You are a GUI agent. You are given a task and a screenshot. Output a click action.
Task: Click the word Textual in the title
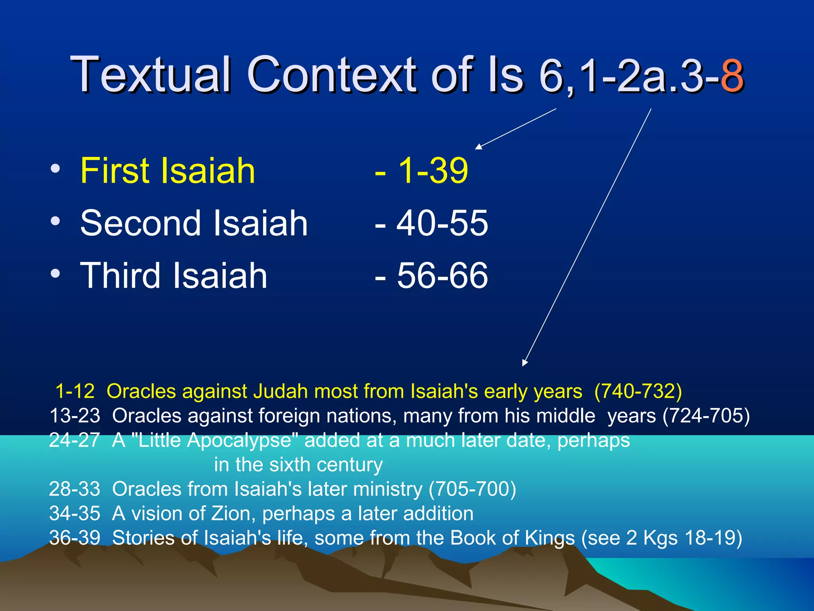[151, 75]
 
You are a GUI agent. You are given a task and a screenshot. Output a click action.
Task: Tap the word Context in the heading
[332, 75]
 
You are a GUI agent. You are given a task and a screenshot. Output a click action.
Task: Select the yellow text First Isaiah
[167, 171]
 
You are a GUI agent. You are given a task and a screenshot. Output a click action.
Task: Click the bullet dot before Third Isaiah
[55, 273]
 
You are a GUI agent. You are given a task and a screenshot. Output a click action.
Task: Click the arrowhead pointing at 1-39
[479, 147]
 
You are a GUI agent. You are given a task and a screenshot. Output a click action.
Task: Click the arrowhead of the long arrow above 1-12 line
[525, 362]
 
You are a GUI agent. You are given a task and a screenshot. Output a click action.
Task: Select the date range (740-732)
[638, 391]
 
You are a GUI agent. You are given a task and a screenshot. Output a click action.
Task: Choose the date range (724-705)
[706, 416]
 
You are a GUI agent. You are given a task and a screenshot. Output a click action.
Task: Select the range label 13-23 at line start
[75, 416]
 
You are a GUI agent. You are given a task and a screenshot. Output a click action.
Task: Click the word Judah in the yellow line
[281, 391]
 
